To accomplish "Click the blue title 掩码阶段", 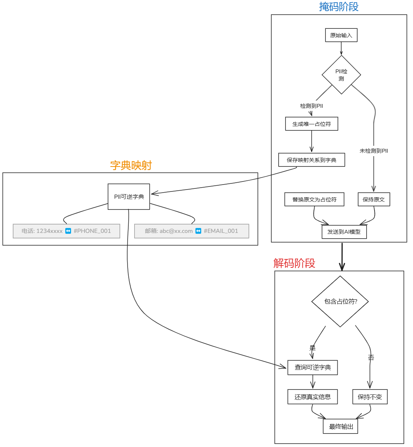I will pyautogui.click(x=338, y=7).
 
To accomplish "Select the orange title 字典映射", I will pyautogui.click(x=131, y=165).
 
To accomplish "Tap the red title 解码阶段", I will pyautogui.click(x=294, y=263).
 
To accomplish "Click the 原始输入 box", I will pyautogui.click(x=341, y=35).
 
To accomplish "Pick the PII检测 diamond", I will pyautogui.click(x=341, y=75).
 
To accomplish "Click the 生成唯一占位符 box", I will pyautogui.click(x=312, y=124).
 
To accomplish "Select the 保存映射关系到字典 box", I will pyautogui.click(x=312, y=160).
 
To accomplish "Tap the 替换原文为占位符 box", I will pyautogui.click(x=314, y=200).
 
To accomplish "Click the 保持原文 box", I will pyautogui.click(x=374, y=200).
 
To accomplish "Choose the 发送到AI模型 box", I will pyautogui.click(x=344, y=232).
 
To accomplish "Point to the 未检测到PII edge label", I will pyautogui.click(x=374, y=151).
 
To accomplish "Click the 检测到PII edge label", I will pyautogui.click(x=312, y=106).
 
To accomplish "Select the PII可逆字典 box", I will pyautogui.click(x=129, y=197).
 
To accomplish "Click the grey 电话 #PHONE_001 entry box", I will pyautogui.click(x=66, y=231).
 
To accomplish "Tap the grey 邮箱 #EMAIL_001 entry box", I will pyautogui.click(x=191, y=231).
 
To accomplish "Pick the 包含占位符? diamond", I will pyautogui.click(x=340, y=302).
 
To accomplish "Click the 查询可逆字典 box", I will pyautogui.click(x=313, y=368).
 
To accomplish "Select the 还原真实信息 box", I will pyautogui.click(x=313, y=397).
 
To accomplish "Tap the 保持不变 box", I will pyautogui.click(x=370, y=397).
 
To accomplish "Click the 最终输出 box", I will pyautogui.click(x=341, y=427).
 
